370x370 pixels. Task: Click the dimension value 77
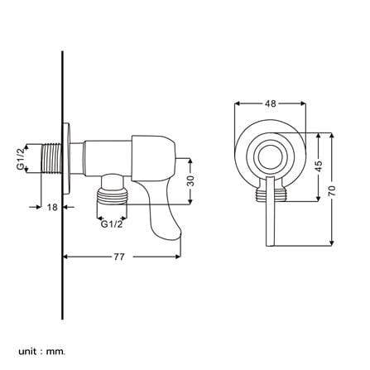click(119, 257)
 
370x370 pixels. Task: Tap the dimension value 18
click(52, 207)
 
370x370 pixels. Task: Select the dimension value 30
click(190, 181)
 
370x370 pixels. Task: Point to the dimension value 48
click(271, 103)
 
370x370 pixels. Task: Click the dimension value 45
click(319, 166)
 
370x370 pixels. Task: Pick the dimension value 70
click(332, 190)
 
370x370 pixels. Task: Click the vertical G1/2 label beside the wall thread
click(21, 158)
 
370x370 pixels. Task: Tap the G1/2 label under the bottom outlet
click(112, 224)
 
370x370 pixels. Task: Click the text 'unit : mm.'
click(42, 344)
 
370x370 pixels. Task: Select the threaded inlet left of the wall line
click(52, 159)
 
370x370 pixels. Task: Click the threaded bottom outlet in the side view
click(112, 195)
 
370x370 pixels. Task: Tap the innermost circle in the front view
click(271, 158)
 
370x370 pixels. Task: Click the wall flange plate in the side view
click(66, 159)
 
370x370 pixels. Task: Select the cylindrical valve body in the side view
click(108, 158)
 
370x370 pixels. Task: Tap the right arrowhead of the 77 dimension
click(178, 257)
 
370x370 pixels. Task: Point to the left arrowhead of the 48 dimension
click(238, 103)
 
